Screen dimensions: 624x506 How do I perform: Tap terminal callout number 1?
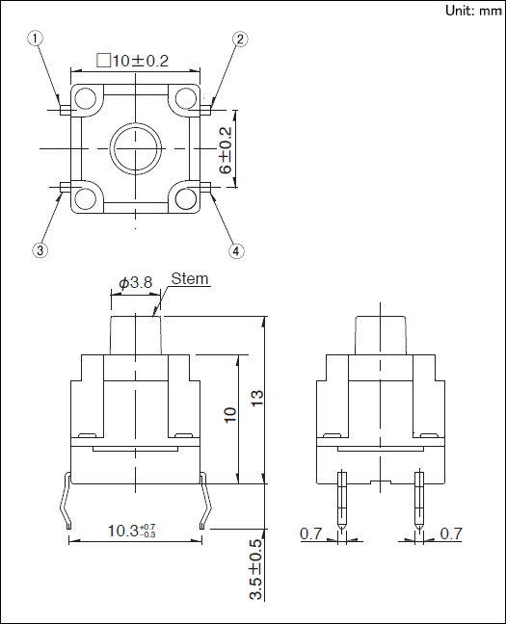tap(36, 39)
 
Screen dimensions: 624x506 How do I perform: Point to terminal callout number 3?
tap(40, 250)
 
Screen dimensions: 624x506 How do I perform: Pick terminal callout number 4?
tap(236, 250)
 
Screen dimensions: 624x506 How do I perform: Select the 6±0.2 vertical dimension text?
tap(226, 151)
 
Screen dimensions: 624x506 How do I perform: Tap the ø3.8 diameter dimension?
tap(136, 283)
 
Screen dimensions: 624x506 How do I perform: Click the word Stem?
tap(190, 279)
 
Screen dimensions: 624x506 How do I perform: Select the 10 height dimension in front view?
tap(230, 415)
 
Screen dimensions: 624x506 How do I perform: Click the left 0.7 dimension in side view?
tap(310, 533)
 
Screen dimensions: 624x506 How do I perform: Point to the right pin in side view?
tap(418, 501)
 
